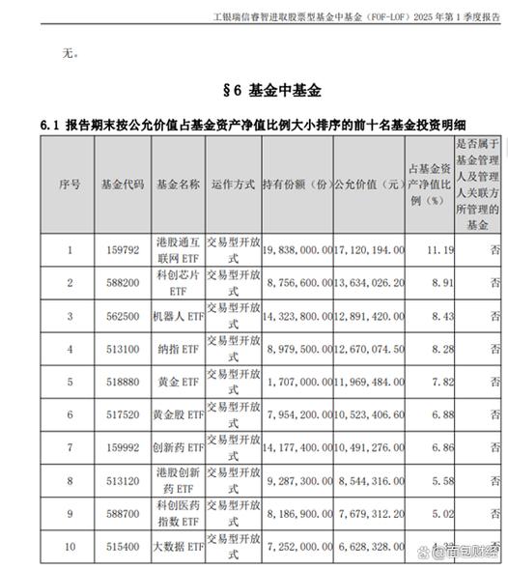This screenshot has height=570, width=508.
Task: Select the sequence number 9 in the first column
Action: tap(69, 514)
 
